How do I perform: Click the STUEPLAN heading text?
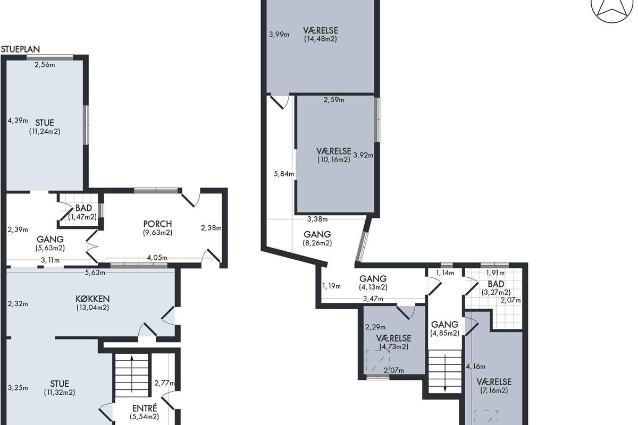[21, 49]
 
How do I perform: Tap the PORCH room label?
[157, 224]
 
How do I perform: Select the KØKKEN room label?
[93, 299]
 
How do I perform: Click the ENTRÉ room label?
[145, 408]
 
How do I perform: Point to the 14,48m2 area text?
[321, 39]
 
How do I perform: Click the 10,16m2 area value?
[334, 159]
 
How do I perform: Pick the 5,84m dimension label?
[284, 174]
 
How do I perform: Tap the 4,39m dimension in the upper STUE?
[18, 121]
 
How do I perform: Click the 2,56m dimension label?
[45, 65]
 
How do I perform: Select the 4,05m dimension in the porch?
[157, 258]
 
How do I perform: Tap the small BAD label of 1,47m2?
[84, 208]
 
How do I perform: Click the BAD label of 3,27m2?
[496, 284]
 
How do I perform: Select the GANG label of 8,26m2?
[317, 234]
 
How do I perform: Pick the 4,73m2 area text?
[393, 347]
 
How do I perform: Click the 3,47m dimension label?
[373, 299]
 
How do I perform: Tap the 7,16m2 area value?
[494, 390]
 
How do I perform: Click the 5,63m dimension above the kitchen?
[95, 273]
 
